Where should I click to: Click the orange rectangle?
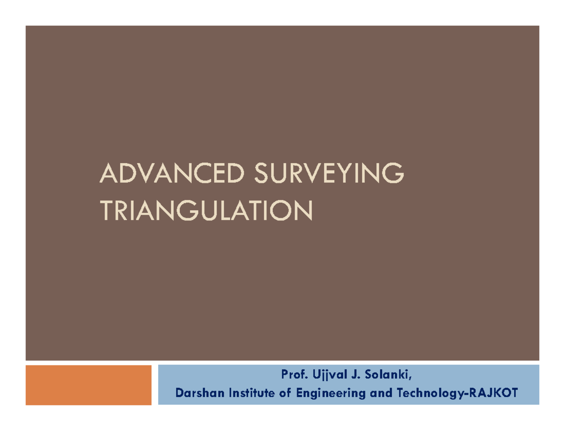(89, 385)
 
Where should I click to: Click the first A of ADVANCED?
(107, 174)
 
